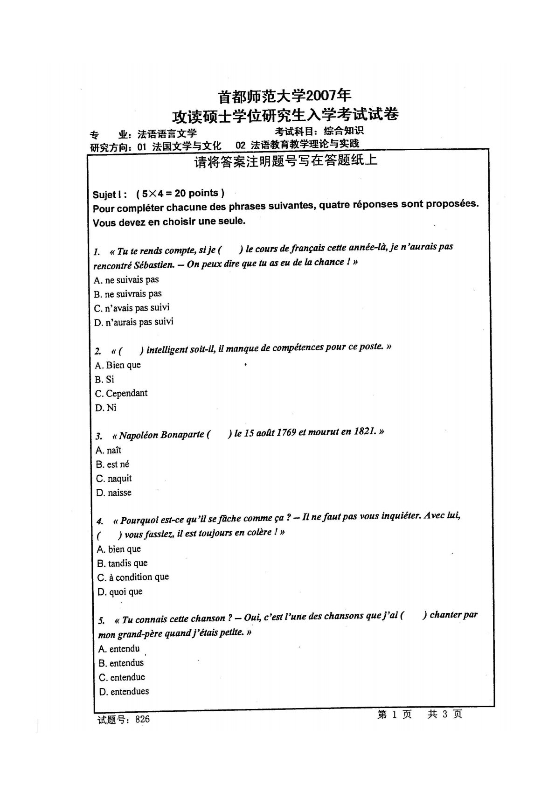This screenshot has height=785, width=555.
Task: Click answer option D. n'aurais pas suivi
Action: [133, 322]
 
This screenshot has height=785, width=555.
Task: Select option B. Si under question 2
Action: [104, 379]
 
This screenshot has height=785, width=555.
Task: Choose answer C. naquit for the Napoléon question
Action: [114, 479]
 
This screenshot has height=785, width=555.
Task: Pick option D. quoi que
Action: [120, 592]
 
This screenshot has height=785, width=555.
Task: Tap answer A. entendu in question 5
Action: [119, 649]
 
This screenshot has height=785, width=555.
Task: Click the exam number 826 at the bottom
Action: [142, 719]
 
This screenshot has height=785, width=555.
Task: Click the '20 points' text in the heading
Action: [196, 193]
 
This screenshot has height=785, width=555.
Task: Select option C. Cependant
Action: [121, 393]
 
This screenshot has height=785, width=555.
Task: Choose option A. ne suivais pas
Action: [126, 280]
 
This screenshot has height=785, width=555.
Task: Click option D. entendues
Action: [124, 692]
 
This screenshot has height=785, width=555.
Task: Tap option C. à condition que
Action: [133, 577]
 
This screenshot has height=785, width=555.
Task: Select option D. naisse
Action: [114, 493]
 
